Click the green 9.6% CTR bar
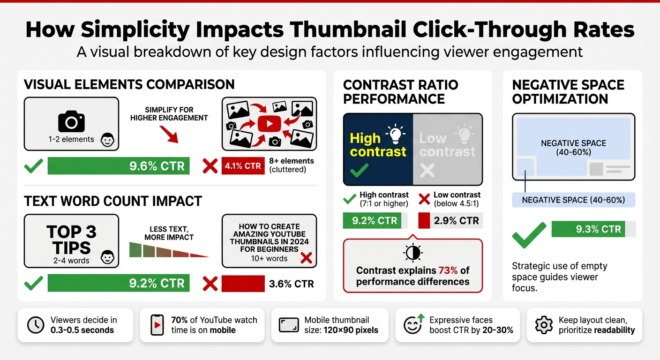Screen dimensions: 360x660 (119, 165)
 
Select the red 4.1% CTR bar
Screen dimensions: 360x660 (242, 165)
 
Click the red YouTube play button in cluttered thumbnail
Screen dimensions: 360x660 (269, 124)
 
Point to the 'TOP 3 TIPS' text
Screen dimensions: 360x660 (71, 239)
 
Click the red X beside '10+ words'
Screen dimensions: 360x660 (306, 257)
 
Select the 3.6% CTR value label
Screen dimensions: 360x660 (292, 284)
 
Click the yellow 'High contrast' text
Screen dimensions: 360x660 (378, 145)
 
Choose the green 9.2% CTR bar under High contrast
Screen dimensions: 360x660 (372, 220)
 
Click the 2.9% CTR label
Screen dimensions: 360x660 (456, 220)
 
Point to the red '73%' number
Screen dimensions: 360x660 (448, 270)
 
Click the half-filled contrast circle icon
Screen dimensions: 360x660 (412, 253)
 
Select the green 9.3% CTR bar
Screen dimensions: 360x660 (589, 229)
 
